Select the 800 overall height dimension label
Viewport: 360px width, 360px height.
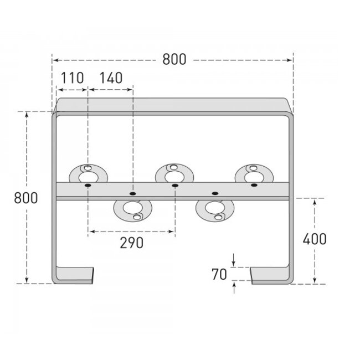pos(27,198)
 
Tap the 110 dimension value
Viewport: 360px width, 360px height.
pos(72,78)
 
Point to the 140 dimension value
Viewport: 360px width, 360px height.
pos(111,78)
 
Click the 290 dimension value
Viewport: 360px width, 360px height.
pos(132,243)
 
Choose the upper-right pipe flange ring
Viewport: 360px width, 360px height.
pos(253,176)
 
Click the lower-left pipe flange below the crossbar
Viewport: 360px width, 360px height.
pos(133,209)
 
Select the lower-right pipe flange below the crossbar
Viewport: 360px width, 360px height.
pos(214,209)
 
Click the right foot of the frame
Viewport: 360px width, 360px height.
pos(271,275)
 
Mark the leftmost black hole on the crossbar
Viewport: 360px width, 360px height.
pos(88,186)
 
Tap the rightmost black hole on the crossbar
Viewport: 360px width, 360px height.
pos(254,186)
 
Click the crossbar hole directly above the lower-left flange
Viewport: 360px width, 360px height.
pos(132,193)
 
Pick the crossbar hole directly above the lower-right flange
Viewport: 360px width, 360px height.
pos(215,193)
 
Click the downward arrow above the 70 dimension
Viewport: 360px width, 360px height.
pos(234,261)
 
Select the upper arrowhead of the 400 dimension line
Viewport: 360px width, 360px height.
pos(315,203)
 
